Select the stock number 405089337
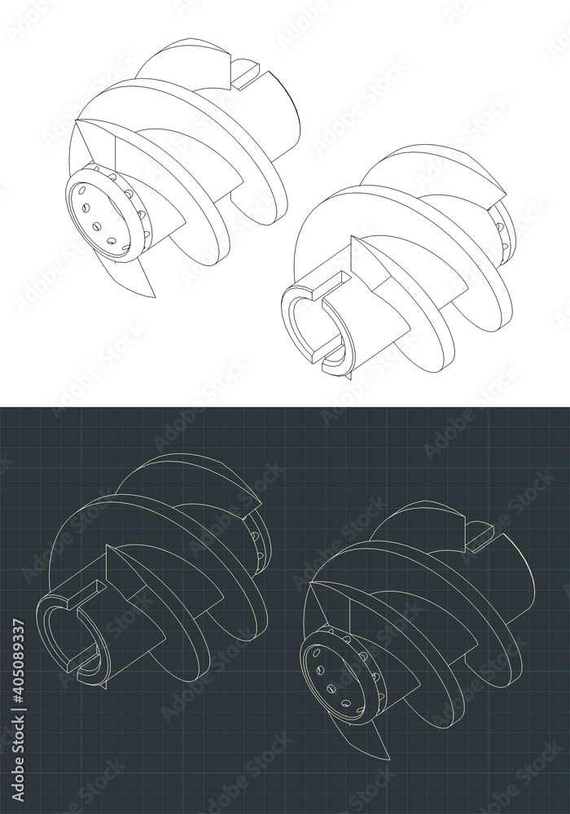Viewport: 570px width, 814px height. tap(19, 675)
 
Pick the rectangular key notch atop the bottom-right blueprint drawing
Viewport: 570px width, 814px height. tap(480, 533)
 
